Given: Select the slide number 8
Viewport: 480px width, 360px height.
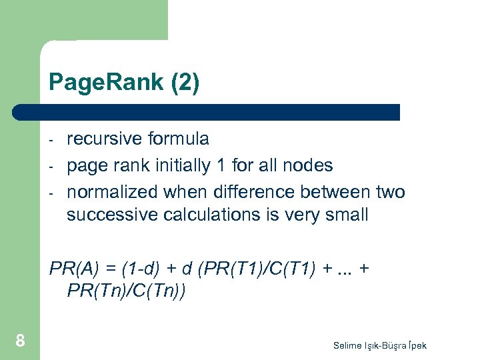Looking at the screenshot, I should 20,341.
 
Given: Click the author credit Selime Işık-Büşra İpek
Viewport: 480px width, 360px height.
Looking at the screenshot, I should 380,345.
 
